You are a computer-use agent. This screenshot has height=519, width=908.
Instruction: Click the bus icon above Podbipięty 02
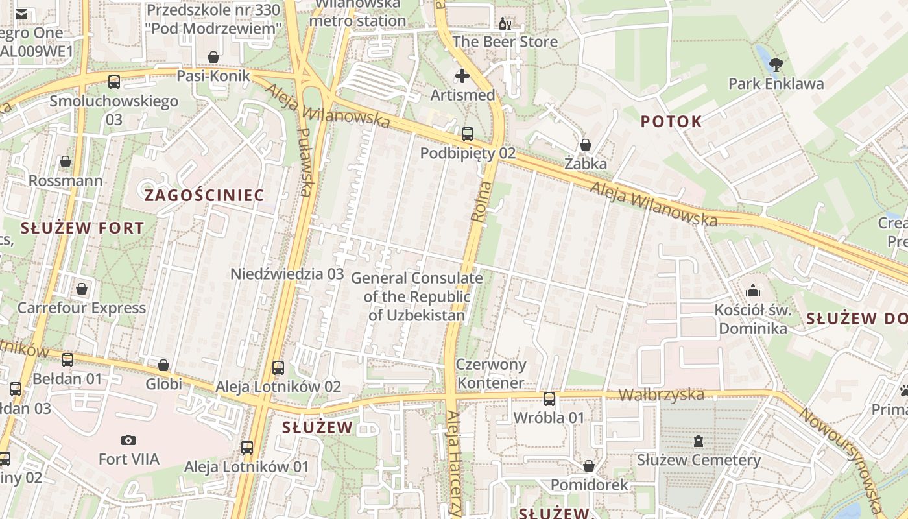point(468,134)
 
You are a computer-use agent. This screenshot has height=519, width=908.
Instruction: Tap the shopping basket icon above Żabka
point(585,145)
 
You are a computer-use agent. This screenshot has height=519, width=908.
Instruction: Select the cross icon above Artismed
point(462,76)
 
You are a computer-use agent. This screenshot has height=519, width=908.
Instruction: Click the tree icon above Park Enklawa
point(776,64)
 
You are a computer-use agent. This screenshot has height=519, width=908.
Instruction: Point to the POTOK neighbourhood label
point(671,121)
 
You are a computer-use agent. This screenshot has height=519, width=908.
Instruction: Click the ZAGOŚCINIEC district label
point(204,195)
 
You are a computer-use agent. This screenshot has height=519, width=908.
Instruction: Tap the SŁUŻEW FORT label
point(82,228)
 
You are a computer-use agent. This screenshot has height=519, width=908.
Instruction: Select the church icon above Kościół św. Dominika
point(753,290)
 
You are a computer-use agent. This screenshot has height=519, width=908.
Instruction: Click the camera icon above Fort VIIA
point(128,440)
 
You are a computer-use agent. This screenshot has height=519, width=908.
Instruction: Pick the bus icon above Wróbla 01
point(549,398)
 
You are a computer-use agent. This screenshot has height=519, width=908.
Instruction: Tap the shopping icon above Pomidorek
point(589,466)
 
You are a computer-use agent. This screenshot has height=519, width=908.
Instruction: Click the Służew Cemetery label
point(699,460)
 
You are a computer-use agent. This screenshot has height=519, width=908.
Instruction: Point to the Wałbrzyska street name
point(661,394)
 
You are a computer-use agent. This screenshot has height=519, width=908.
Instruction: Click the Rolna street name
point(480,206)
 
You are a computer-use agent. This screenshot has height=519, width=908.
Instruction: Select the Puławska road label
point(305,162)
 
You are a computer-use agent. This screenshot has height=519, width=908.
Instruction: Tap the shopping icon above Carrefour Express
point(82,288)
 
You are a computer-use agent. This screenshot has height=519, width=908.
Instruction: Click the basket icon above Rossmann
point(66,162)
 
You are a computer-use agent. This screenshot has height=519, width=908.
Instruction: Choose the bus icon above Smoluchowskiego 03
point(114,82)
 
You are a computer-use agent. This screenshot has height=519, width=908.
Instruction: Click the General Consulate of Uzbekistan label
point(416,297)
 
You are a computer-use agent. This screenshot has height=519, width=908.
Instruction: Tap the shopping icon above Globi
point(163,365)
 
